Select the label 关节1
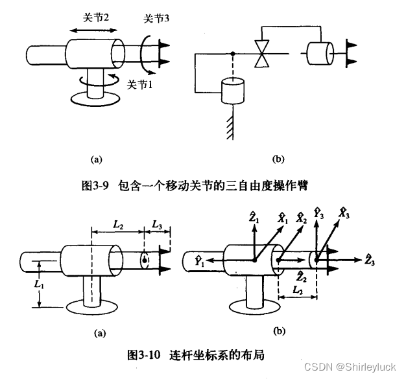tap(139, 84)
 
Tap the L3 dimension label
tap(158, 224)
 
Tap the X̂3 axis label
tap(344, 212)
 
